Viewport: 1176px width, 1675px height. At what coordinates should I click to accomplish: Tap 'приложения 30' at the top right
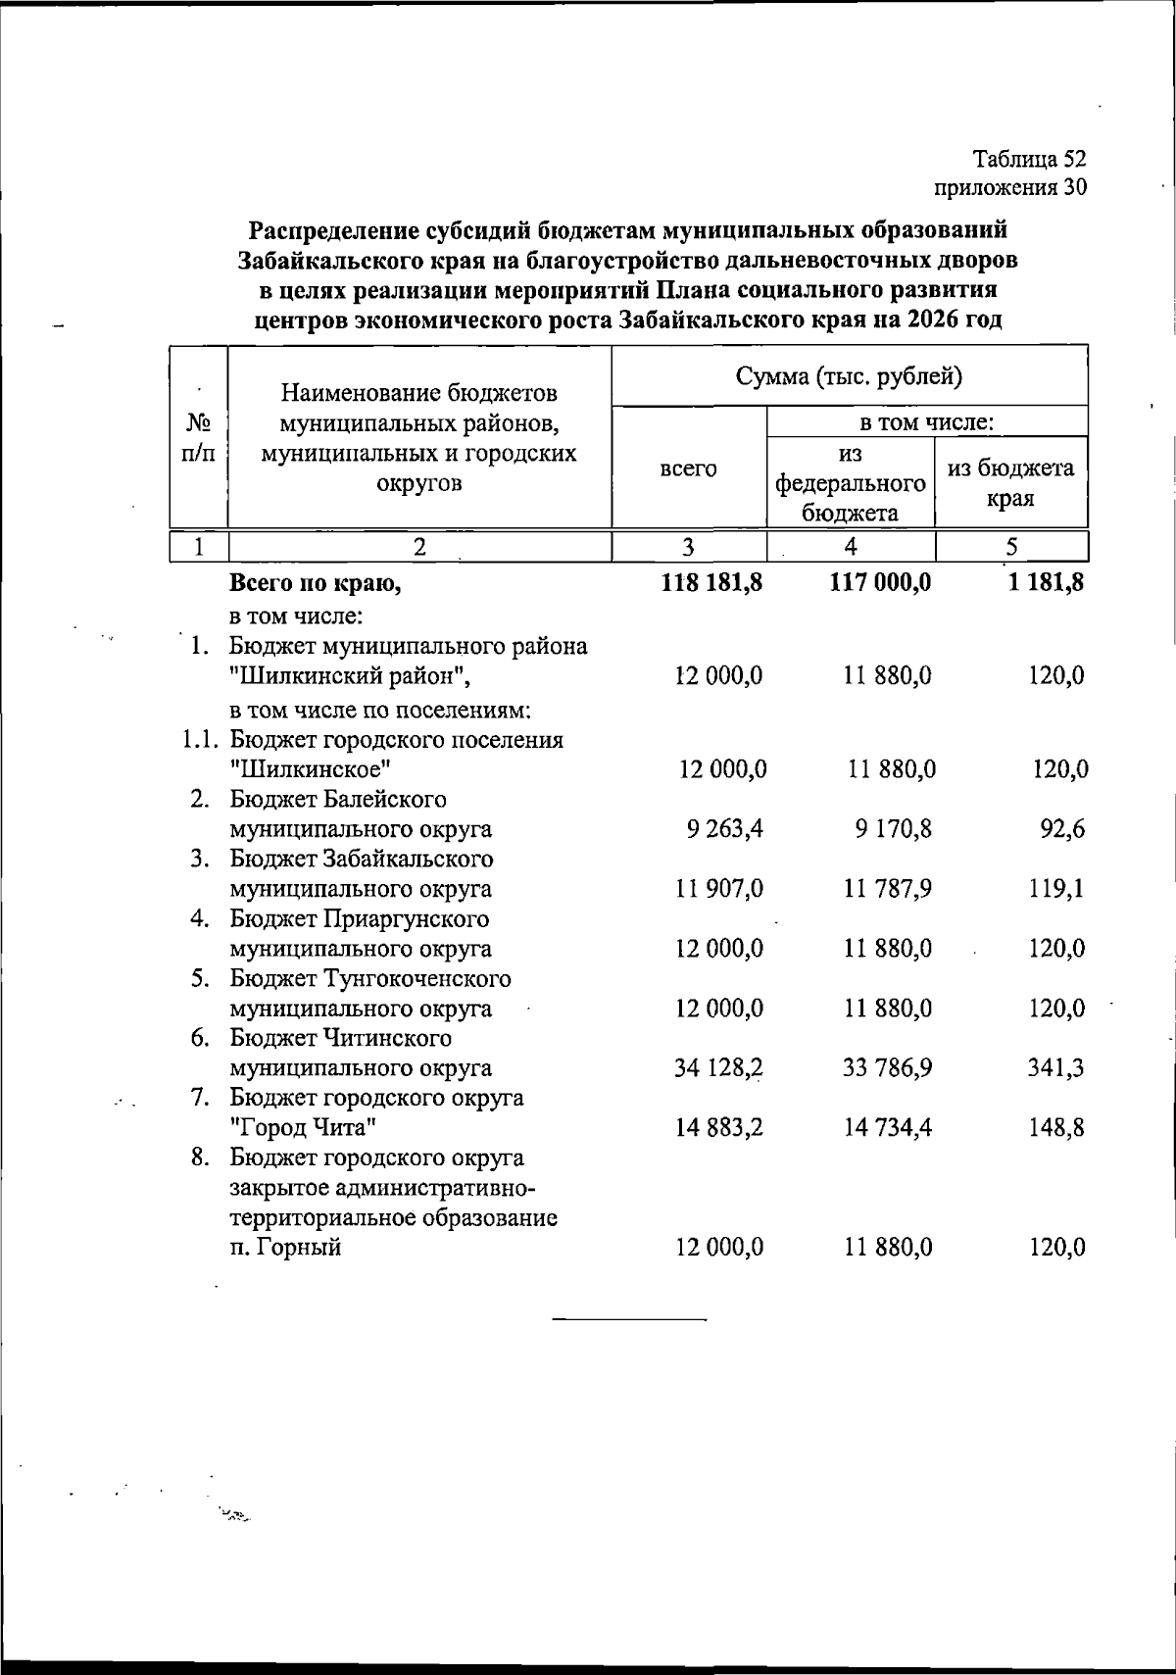[x=1010, y=187]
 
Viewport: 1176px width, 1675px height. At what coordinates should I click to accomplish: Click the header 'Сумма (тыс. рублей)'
[x=849, y=376]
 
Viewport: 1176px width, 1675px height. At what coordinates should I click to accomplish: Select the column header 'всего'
[x=688, y=468]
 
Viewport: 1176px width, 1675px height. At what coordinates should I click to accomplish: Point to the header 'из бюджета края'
[x=1010, y=482]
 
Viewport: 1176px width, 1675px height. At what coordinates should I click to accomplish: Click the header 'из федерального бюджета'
[x=850, y=482]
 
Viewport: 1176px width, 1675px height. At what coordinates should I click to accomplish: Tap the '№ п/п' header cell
[x=199, y=438]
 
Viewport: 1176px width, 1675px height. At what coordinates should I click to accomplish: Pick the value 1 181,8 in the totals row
[x=1046, y=583]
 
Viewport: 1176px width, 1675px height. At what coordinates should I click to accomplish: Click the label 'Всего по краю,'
[x=315, y=584]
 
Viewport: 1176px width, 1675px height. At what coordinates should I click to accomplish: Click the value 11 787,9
[x=888, y=890]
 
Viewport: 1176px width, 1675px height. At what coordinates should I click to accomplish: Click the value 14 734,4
[x=888, y=1128]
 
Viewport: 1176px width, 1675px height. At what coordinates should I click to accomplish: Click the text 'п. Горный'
[x=285, y=1249]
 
